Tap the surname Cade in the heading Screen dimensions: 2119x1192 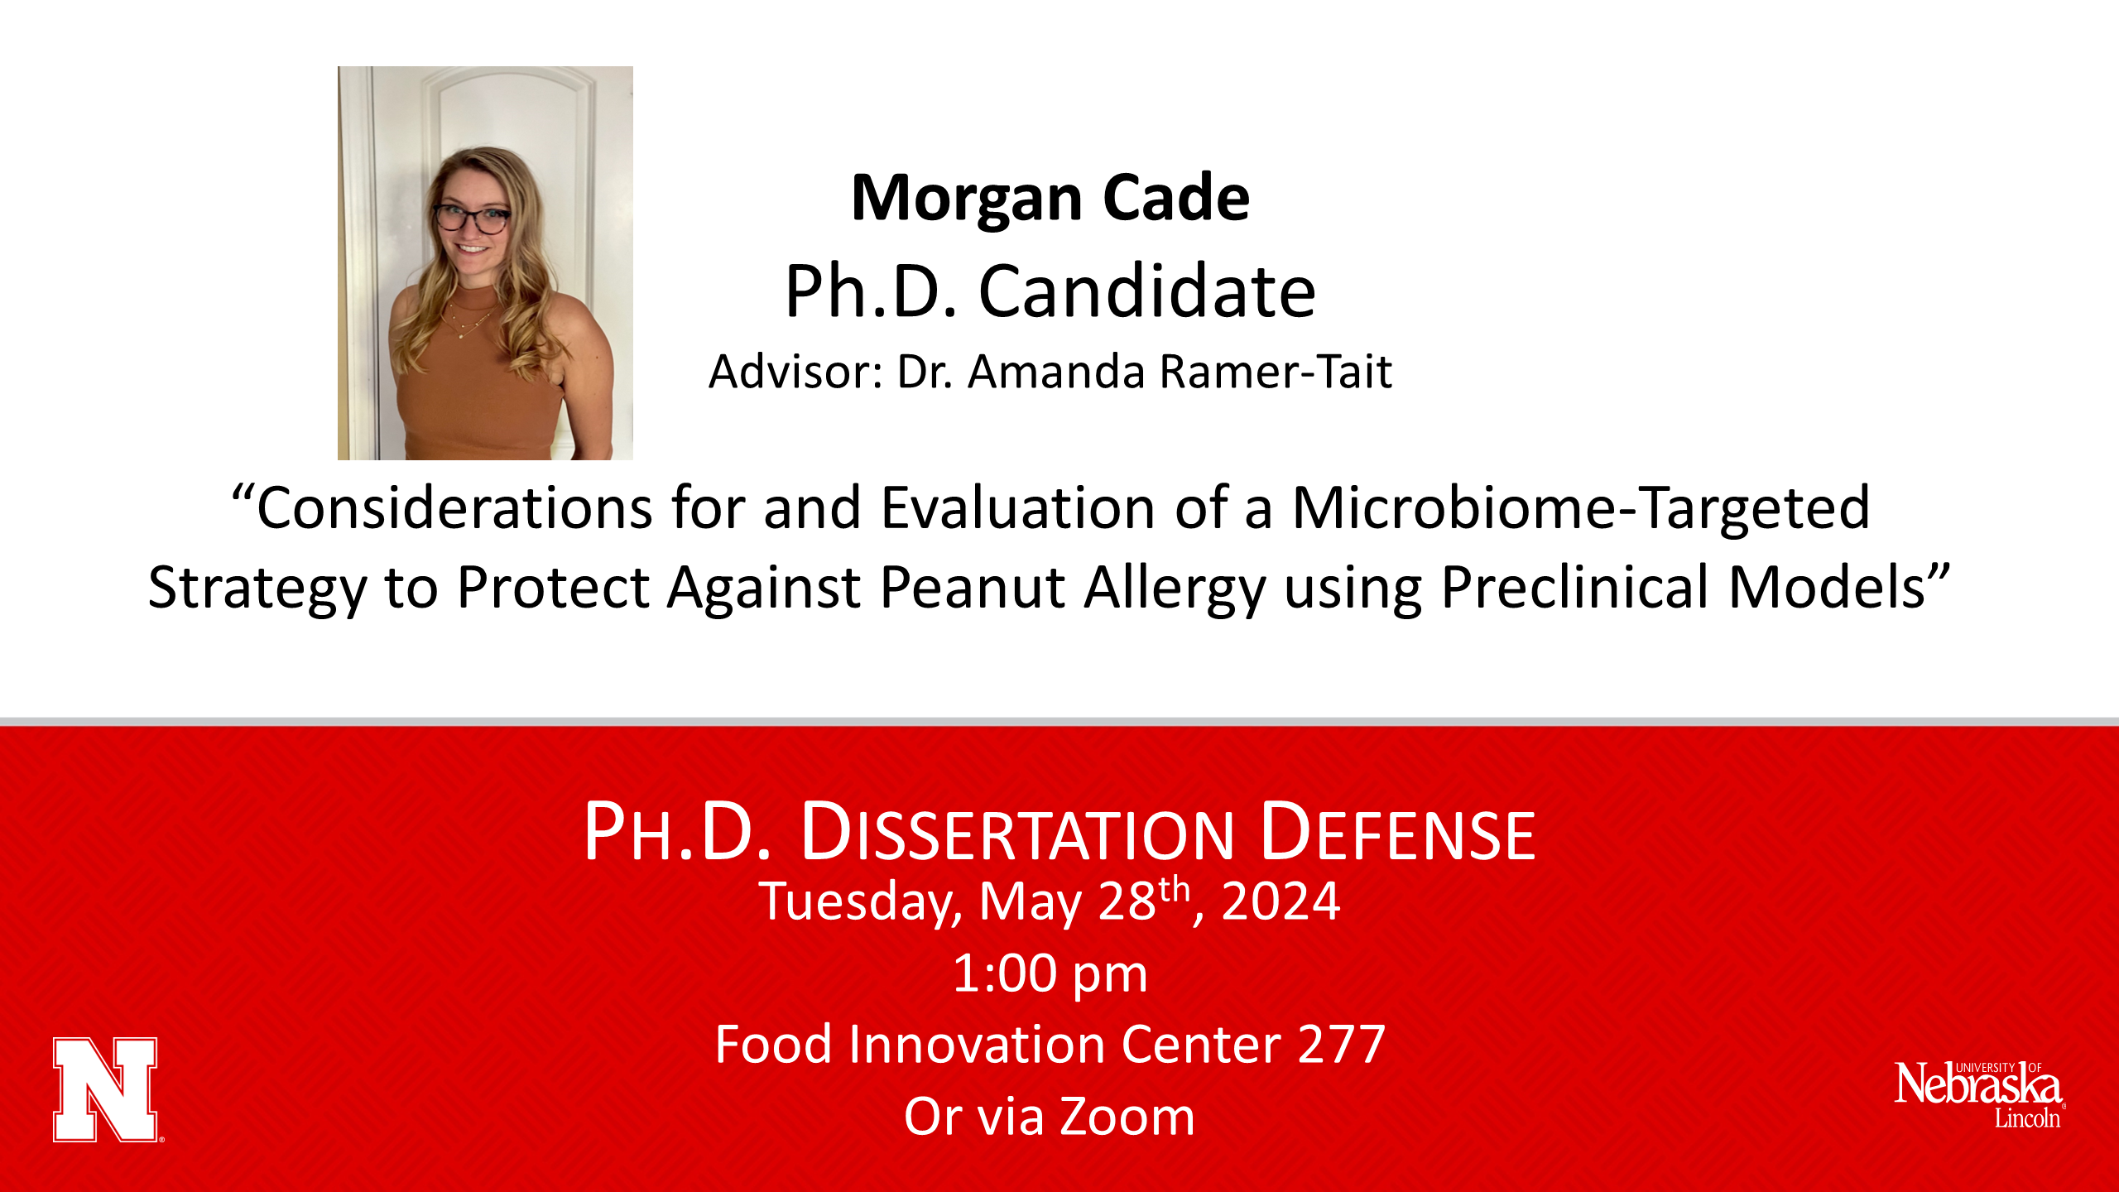pos(1176,199)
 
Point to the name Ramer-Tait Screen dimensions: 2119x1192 pos(1276,372)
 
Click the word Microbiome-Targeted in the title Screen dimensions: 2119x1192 pos(1581,509)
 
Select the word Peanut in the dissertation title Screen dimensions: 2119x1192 pos(973,587)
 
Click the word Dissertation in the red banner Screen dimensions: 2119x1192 pos(1018,832)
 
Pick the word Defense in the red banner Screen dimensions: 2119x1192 pos(1398,832)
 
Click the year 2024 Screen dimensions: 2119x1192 pos(1281,901)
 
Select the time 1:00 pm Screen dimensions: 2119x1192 pos(1050,974)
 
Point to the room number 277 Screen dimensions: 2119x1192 pos(1342,1045)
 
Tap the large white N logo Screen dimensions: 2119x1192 pos(107,1089)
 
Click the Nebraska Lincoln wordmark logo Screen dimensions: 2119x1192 pos(1979,1094)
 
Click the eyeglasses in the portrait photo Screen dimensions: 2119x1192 pos(471,219)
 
